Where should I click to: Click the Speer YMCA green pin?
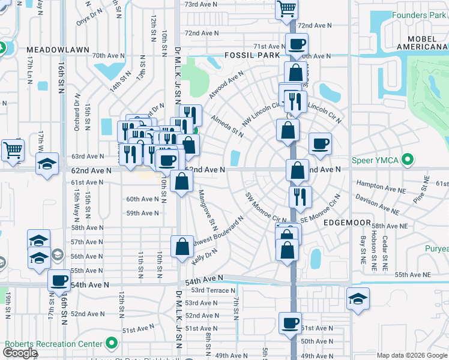coord(408,160)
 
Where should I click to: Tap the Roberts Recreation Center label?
coord(53,344)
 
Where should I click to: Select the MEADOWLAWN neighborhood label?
coord(58,49)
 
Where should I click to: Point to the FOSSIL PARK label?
coord(252,55)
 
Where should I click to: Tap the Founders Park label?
coord(419,15)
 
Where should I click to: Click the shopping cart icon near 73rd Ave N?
coord(287,8)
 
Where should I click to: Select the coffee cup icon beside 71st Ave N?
coord(296,44)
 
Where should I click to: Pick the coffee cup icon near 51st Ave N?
coord(290,323)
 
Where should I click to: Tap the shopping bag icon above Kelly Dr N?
coord(182,245)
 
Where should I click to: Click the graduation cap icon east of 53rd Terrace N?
coord(358,298)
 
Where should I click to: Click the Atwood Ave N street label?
coord(226,85)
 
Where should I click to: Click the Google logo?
coord(20,353)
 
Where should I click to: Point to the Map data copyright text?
coord(412,355)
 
